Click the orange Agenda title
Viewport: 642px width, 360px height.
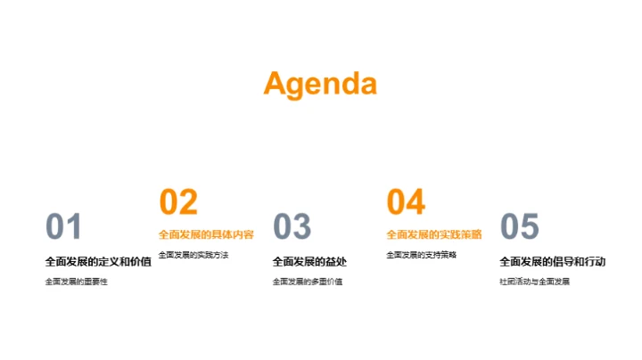320,83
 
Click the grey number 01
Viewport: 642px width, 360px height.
63,227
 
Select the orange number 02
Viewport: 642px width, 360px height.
178,202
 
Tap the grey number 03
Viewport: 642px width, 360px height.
292,227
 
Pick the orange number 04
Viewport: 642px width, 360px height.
406,202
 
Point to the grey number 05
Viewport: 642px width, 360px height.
519,227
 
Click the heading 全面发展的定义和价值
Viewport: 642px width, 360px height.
98,262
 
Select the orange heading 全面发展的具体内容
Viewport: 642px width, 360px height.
206,235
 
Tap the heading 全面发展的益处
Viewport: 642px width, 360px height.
309,262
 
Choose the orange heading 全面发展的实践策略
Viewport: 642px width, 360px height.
433,235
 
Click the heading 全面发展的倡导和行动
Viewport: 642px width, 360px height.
552,262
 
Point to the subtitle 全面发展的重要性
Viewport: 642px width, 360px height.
76,282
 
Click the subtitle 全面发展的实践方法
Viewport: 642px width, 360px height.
193,255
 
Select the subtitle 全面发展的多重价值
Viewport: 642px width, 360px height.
307,282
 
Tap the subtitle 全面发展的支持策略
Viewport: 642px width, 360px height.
421,255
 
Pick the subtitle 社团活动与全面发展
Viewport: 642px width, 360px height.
534,282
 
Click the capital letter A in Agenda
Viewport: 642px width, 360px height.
276,83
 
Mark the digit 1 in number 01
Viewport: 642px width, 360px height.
74,227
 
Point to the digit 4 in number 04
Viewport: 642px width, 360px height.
416,202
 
